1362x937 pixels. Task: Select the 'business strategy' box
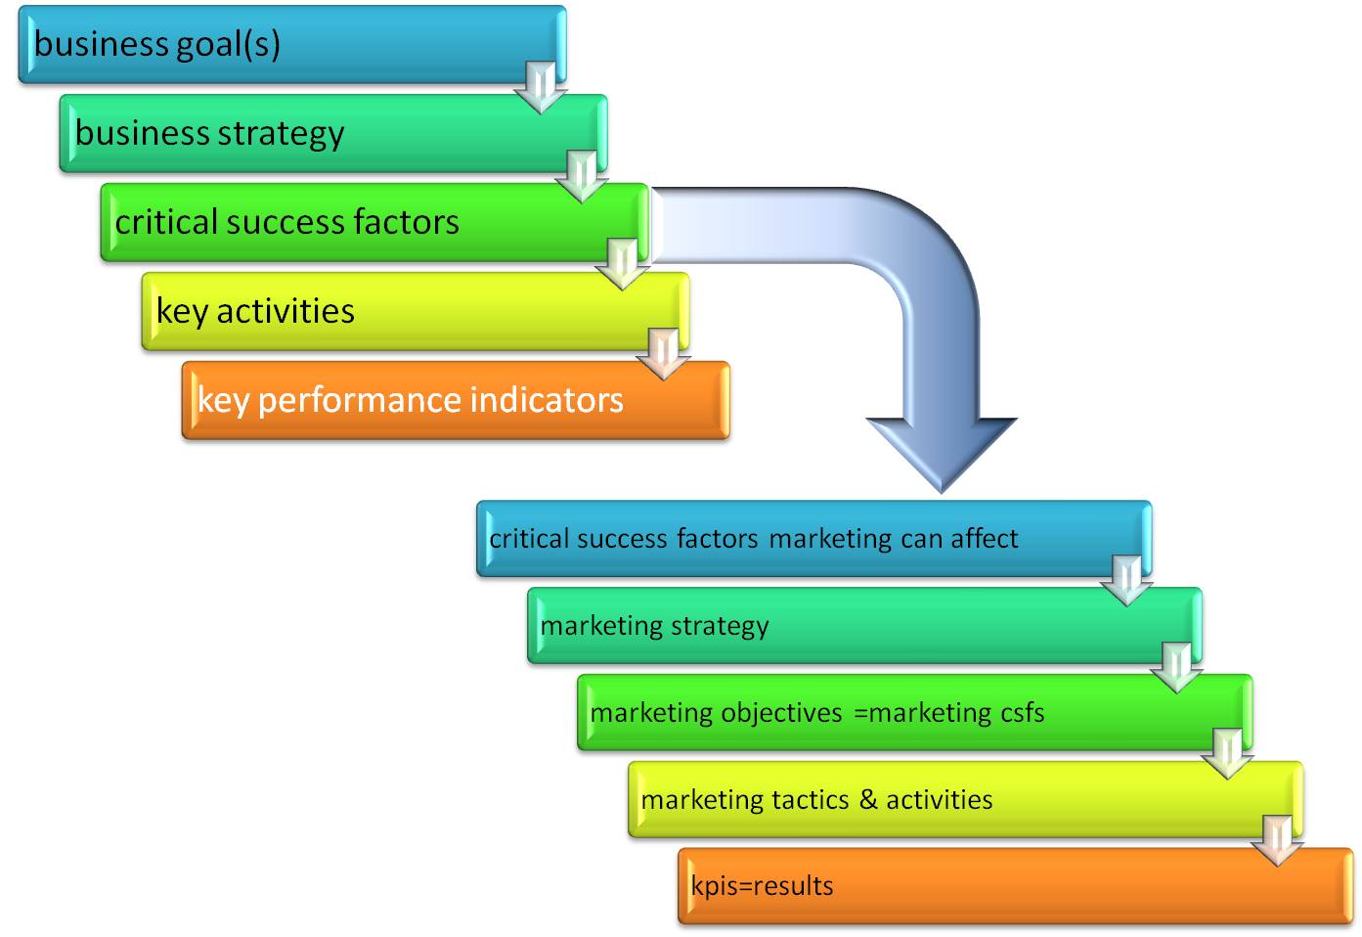[x=332, y=133]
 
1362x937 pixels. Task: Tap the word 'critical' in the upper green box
[x=165, y=222]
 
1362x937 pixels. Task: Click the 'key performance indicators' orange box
[x=456, y=400]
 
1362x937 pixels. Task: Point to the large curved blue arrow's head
[x=941, y=450]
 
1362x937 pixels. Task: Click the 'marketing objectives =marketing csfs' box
[x=914, y=713]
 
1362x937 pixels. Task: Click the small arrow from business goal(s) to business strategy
[x=541, y=87]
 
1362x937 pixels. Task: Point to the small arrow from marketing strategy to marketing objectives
[x=1177, y=667]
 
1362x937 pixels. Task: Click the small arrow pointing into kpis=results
[x=1277, y=840]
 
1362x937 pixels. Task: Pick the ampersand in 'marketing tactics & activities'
[x=868, y=800]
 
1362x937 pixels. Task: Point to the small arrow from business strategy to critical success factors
[x=582, y=176]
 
